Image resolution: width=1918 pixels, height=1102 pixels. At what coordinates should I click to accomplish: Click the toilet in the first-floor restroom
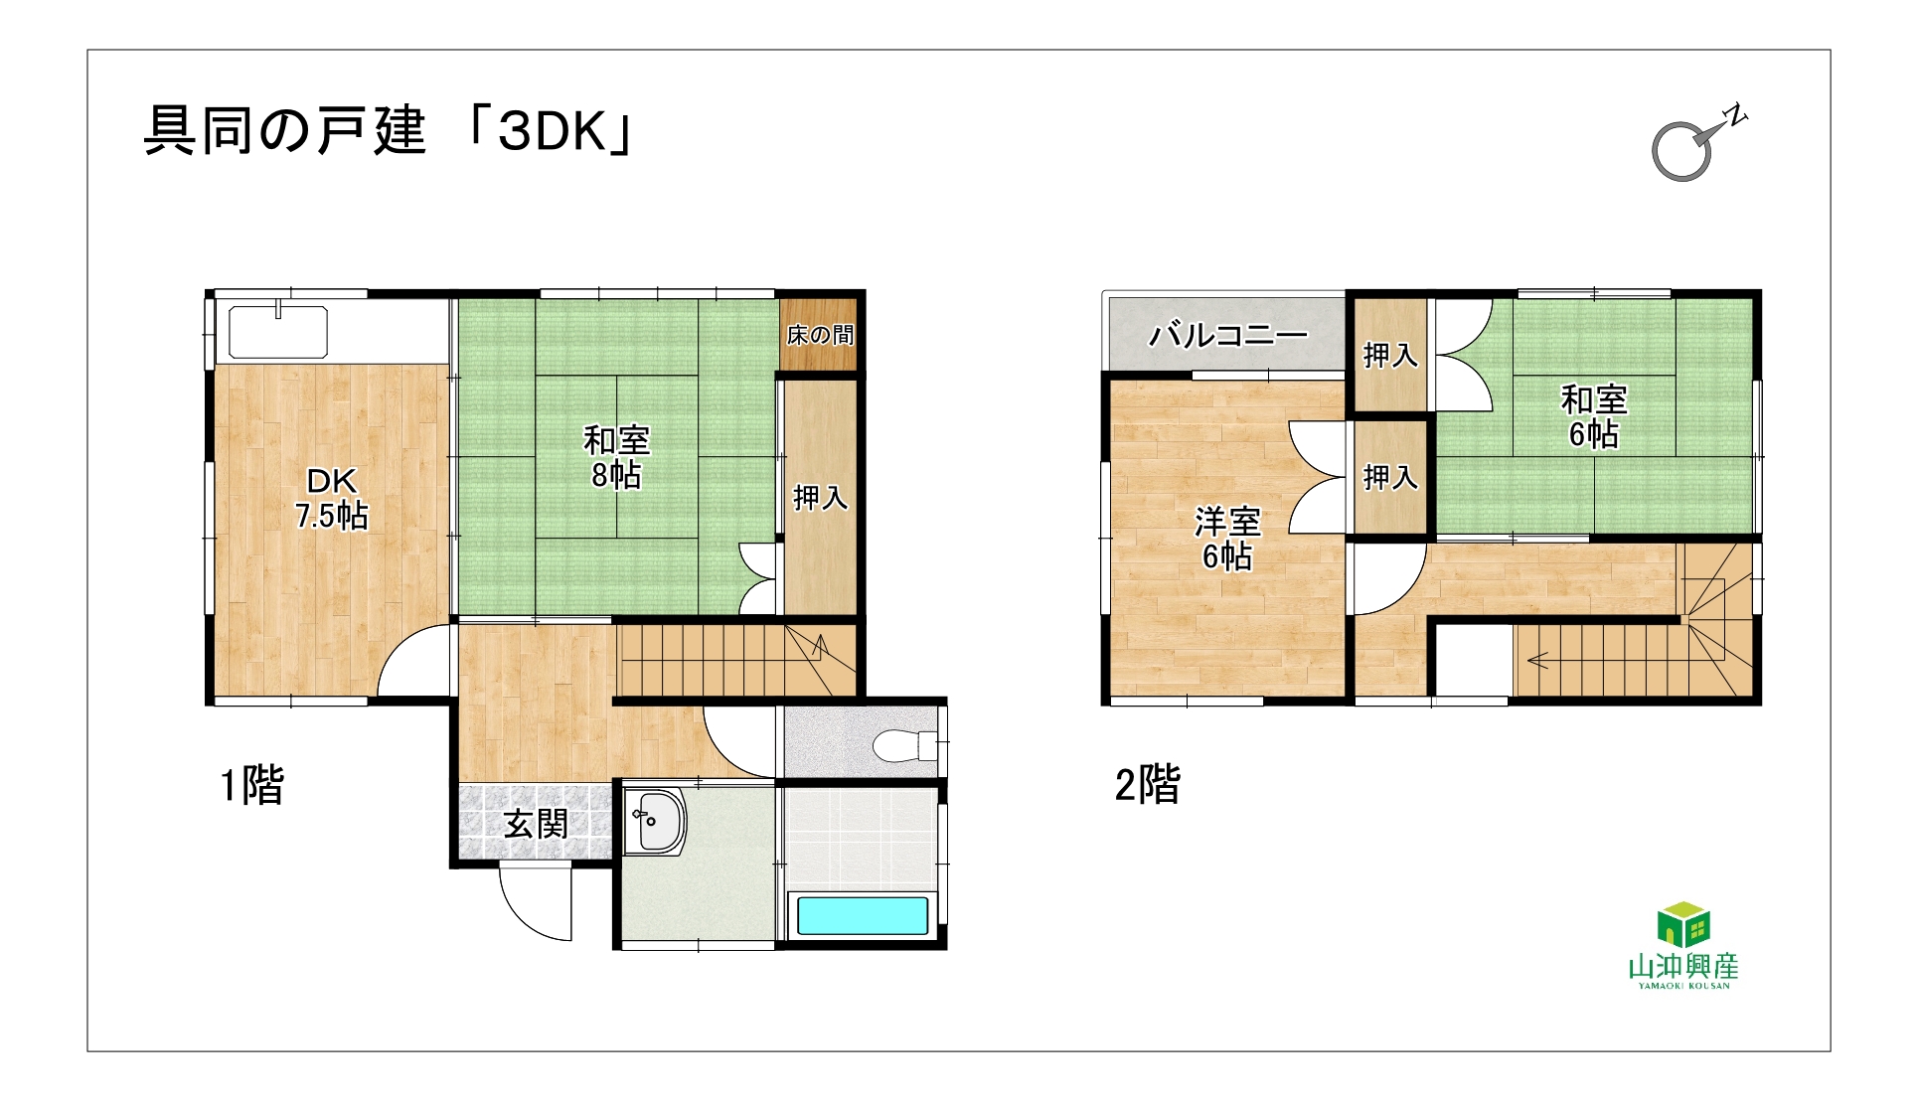tap(905, 744)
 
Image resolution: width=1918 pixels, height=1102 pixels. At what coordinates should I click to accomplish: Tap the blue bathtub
tap(863, 916)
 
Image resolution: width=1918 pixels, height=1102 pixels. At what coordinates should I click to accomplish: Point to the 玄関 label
tap(536, 824)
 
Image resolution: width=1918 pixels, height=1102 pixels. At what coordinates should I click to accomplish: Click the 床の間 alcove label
tap(820, 335)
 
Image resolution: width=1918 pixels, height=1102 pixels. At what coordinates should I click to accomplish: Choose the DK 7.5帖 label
tap(332, 499)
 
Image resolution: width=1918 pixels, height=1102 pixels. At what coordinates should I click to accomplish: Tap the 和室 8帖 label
tap(616, 457)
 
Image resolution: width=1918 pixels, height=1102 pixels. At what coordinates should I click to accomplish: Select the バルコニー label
tap(1228, 336)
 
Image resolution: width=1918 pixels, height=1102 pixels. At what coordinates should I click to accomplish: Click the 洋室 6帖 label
tap(1227, 539)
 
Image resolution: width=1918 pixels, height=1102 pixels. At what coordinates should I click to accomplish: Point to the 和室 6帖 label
tap(1594, 417)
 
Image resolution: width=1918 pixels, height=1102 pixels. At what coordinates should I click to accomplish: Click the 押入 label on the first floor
tap(820, 497)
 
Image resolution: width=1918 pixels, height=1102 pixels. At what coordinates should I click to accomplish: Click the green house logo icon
tap(1683, 924)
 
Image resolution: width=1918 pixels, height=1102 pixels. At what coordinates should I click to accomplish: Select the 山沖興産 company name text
tap(1683, 966)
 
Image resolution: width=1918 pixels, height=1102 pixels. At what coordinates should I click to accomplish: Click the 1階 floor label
tap(252, 785)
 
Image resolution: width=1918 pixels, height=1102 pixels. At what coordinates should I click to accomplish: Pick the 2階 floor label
tap(1148, 785)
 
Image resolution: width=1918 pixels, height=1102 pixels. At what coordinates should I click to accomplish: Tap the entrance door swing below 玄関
tap(536, 903)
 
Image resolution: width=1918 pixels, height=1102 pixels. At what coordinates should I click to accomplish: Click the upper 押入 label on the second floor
tap(1390, 355)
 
